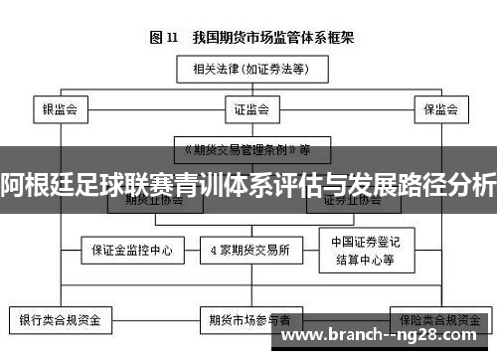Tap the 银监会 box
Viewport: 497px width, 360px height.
tap(60, 106)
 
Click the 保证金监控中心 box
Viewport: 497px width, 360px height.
tap(131, 251)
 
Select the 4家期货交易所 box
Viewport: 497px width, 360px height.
tap(248, 251)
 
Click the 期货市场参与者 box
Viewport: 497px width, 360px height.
tap(249, 320)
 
